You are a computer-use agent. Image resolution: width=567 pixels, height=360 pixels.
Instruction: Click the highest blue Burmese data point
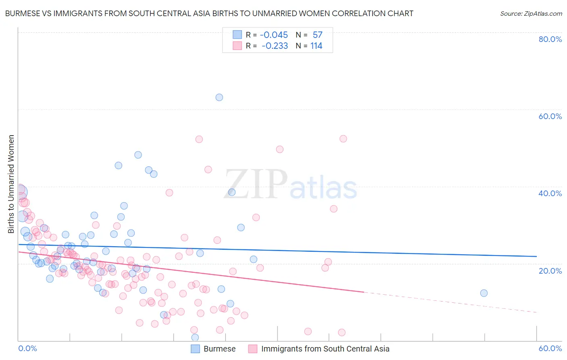pos(219,97)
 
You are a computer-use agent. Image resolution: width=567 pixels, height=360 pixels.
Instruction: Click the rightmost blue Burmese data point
pos(484,293)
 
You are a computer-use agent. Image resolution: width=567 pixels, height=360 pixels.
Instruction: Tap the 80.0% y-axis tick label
pos(550,39)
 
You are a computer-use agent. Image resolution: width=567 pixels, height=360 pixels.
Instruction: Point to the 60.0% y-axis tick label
pos(550,116)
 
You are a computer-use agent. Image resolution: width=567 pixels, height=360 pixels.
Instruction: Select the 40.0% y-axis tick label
pos(550,193)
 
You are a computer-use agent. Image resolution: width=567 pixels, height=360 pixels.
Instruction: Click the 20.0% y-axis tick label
pos(550,270)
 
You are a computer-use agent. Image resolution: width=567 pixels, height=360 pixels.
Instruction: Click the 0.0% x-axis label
pos(27,348)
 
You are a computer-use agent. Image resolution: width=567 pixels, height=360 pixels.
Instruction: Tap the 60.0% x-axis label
pos(550,348)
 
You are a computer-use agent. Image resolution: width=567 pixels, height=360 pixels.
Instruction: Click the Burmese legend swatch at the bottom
pos(196,349)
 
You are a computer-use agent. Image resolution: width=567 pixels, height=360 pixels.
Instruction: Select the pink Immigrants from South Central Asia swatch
pos(253,349)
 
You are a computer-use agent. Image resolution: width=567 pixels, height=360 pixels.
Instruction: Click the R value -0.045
pos(274,35)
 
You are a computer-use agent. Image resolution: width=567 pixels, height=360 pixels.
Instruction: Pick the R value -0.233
pos(275,46)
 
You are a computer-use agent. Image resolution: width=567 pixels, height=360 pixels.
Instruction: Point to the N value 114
pos(316,46)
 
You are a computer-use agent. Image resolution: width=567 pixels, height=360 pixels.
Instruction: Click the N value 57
pos(317,35)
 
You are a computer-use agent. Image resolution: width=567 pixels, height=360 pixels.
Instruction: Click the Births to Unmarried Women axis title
pos(11,184)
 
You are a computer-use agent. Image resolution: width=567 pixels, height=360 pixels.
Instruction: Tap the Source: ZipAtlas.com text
pos(531,14)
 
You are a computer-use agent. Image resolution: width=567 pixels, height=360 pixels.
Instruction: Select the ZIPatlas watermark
pos(290,185)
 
